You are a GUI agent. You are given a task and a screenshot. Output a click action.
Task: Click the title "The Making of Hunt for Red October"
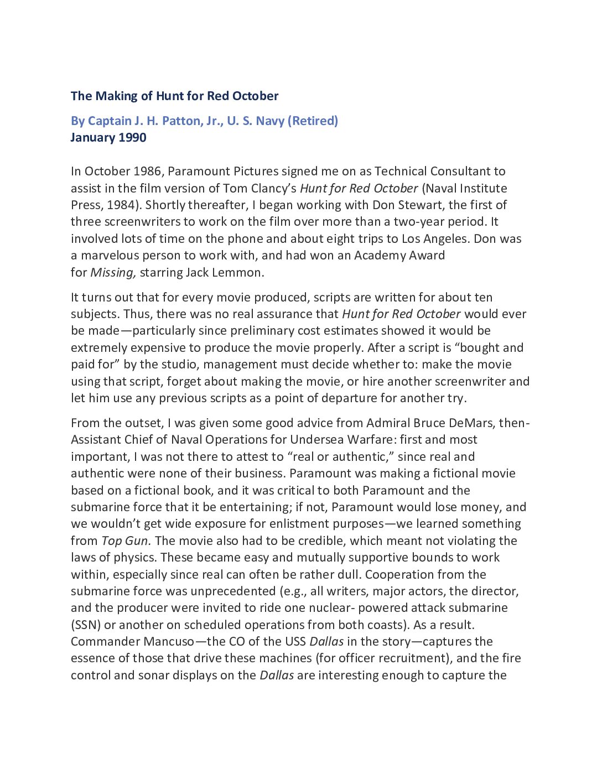174,96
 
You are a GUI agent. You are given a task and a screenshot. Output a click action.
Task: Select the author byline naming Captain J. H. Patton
204,121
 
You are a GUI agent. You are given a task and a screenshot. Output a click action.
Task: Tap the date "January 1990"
108,137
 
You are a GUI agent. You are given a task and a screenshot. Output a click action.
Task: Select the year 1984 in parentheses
122,205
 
